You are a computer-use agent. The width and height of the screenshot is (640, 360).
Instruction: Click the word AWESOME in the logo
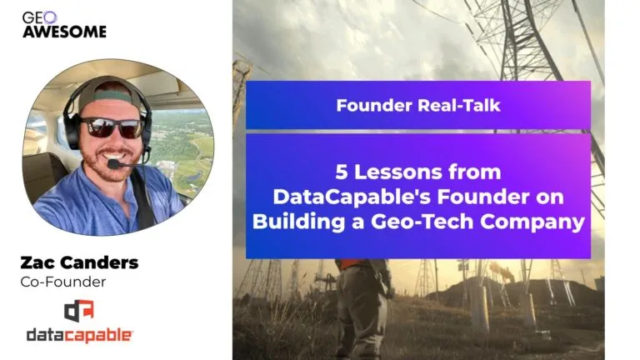[x=64, y=32]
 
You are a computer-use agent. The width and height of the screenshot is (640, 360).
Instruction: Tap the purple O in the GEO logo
[x=51, y=17]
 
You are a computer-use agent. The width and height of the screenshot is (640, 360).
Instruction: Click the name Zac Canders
[x=80, y=262]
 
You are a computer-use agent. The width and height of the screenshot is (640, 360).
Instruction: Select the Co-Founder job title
[x=63, y=282]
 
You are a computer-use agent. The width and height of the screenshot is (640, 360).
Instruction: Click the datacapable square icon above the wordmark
[x=79, y=311]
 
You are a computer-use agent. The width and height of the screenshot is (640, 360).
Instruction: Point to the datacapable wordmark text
[x=80, y=336]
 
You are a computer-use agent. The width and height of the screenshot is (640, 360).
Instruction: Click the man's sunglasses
[x=112, y=127]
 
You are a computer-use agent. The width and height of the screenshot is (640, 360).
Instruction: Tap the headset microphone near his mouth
[x=115, y=163]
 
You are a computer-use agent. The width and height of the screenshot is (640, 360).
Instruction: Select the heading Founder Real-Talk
[x=418, y=105]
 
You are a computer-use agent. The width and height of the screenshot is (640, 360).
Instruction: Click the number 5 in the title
[x=342, y=172]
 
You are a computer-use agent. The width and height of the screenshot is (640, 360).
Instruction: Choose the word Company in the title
[x=532, y=222]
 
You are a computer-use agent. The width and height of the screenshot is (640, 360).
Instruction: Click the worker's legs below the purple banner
[x=360, y=310]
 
